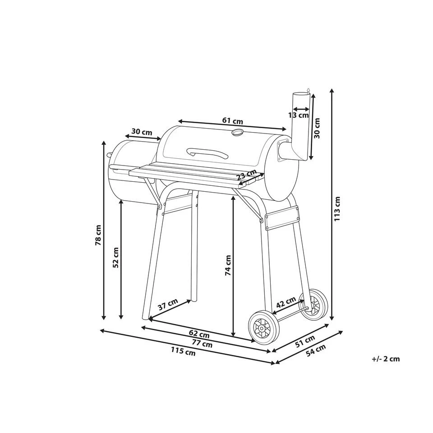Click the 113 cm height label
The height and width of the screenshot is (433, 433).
click(337, 209)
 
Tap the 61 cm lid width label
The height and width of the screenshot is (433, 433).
click(233, 121)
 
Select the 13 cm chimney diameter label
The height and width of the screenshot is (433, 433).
click(299, 115)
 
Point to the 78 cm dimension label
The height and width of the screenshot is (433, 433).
click(98, 235)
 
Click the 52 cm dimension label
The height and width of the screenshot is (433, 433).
click(116, 258)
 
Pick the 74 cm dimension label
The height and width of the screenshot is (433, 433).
click(228, 265)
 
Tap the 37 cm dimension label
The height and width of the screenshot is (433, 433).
click(168, 304)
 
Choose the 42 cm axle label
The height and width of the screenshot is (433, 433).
click(286, 302)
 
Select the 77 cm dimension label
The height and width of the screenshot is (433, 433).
click(203, 344)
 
